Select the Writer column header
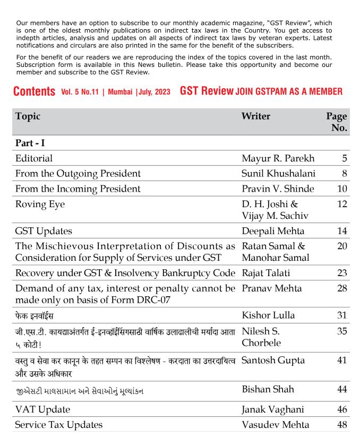pyautogui.click(x=255, y=116)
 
